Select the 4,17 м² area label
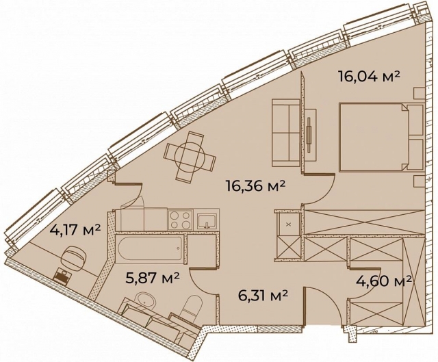(x=75, y=230)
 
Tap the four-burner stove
(x=181, y=220)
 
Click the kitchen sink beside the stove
(x=207, y=220)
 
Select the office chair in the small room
(x=73, y=259)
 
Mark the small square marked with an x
(x=288, y=224)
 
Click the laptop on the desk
(x=63, y=276)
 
